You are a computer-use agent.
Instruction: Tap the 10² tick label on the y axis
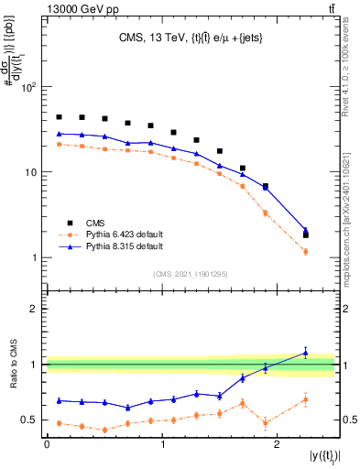28,87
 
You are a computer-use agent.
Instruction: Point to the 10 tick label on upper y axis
31,172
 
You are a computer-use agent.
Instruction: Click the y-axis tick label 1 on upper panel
34,257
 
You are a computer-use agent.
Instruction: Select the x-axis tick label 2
278,444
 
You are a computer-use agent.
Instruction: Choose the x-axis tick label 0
47,444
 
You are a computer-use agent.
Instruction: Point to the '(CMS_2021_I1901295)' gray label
190,274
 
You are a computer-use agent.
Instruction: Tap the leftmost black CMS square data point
59,117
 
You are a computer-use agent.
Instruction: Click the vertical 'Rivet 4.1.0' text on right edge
349,69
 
